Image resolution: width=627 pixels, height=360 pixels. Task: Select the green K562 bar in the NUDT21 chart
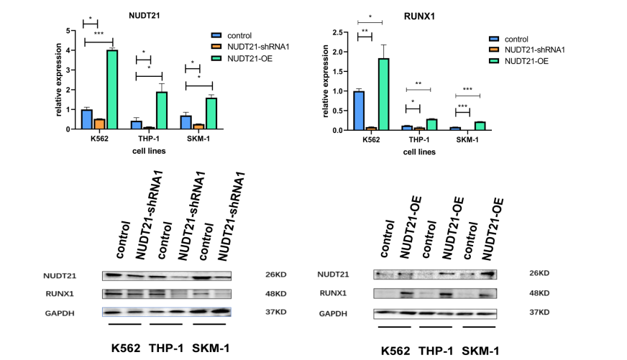tap(111, 89)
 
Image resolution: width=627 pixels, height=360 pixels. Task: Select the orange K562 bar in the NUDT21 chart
tap(99, 124)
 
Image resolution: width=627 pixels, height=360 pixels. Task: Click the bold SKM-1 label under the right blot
tap(480, 350)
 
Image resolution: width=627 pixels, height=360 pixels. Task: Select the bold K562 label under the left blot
tap(126, 348)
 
